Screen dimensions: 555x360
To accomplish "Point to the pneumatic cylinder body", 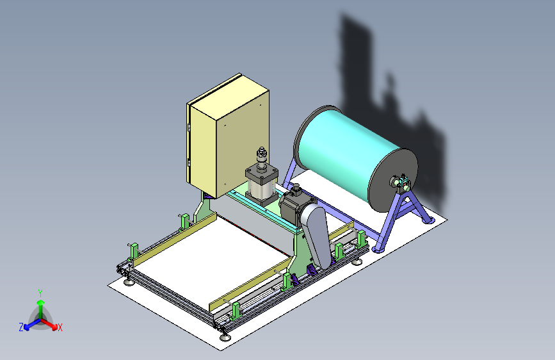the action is click(261, 184).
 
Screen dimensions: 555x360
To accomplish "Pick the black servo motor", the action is click(293, 206).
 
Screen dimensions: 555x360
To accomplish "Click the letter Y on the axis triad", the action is click(40, 293).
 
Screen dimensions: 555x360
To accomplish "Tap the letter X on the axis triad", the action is click(60, 327).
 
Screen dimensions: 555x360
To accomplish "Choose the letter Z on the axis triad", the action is click(21, 327).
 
